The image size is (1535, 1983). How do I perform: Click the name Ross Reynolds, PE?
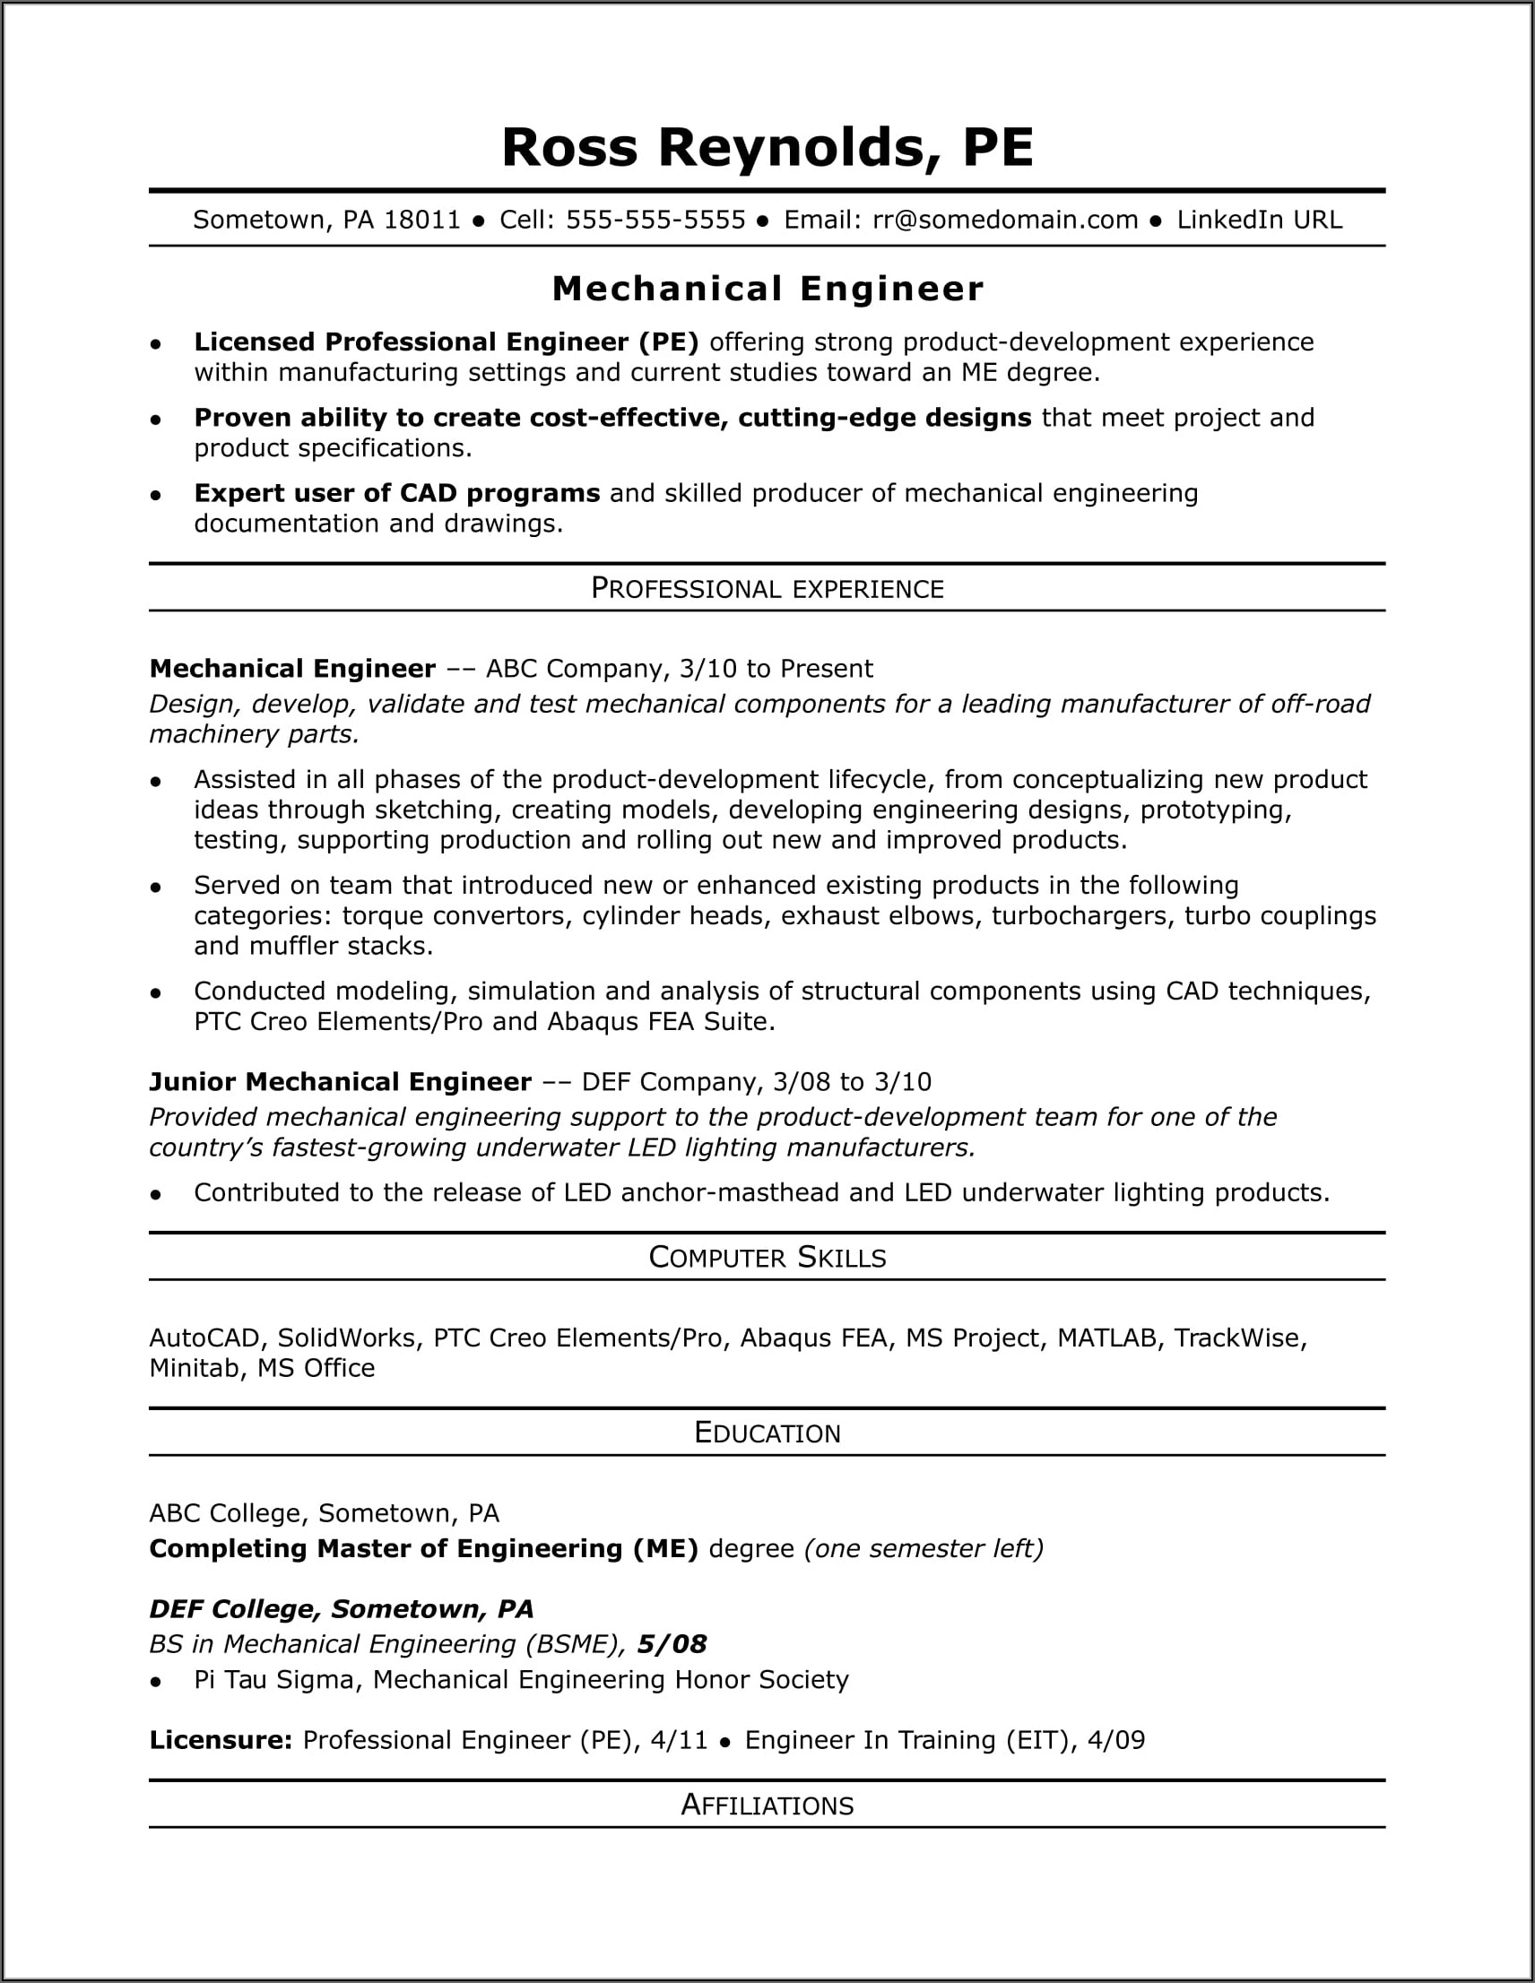[767, 147]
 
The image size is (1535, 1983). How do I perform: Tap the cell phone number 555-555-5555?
[655, 220]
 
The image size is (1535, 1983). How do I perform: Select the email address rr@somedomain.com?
[1004, 220]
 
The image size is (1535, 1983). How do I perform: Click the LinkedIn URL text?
[1259, 220]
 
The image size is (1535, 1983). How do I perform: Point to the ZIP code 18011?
[422, 220]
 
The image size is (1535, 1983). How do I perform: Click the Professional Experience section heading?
[767, 588]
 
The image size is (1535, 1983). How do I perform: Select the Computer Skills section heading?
[767, 1257]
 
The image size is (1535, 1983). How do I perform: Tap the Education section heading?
[767, 1432]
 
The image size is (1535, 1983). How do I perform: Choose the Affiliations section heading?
[767, 1804]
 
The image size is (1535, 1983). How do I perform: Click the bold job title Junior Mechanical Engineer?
[341, 1081]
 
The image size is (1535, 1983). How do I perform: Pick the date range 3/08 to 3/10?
[852, 1081]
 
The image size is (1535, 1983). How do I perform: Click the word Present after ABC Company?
[826, 668]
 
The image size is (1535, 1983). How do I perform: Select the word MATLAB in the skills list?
[1107, 1338]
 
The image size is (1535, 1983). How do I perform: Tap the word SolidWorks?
[345, 1338]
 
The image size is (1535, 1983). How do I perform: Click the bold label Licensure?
[221, 1740]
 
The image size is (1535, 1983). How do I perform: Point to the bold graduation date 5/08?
[672, 1643]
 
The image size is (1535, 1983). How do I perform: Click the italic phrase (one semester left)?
[924, 1548]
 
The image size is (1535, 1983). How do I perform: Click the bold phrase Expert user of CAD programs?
[397, 493]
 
